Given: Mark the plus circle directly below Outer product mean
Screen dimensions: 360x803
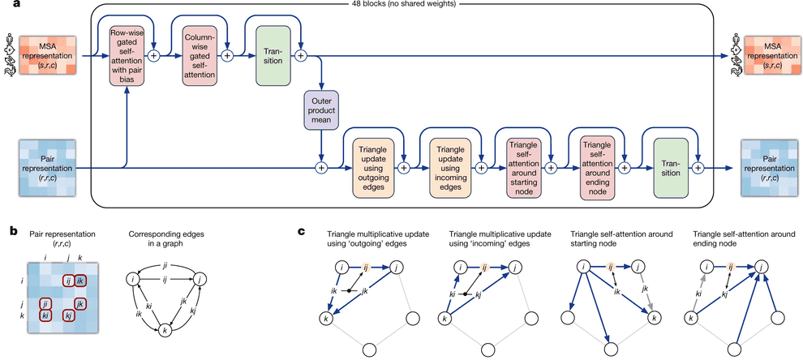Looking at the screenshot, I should pyautogui.click(x=321, y=168).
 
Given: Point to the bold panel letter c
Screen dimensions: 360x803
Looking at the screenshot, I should pyautogui.click(x=301, y=230).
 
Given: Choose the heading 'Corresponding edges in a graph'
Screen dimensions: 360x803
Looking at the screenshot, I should pyautogui.click(x=164, y=238).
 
